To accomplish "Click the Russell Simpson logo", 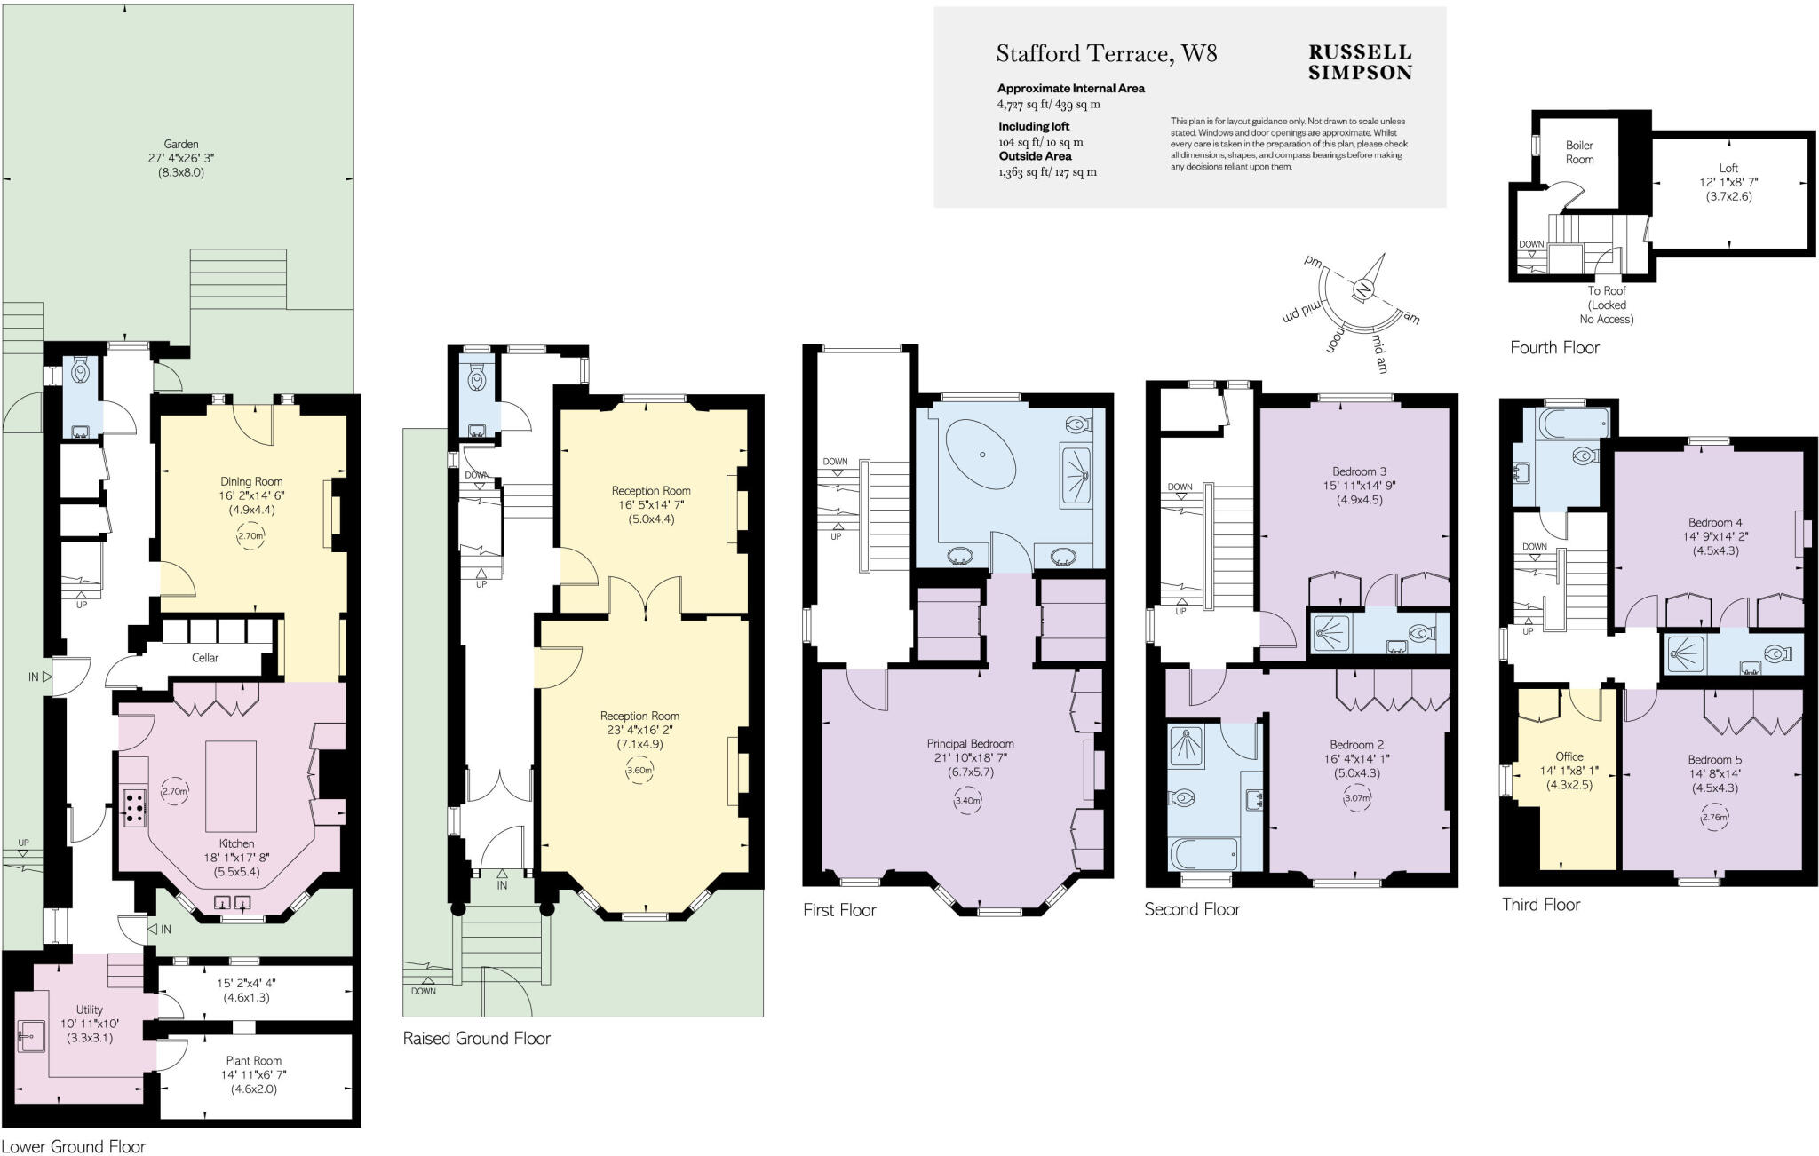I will coord(1359,63).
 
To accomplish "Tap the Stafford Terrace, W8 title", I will coord(1106,54).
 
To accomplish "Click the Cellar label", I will coord(205,658).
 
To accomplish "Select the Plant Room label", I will coord(254,1060).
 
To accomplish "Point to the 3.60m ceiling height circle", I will coord(639,770).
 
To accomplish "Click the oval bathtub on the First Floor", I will coord(982,455).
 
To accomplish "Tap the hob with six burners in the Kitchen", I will coord(136,809).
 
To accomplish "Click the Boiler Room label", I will coord(1579,152).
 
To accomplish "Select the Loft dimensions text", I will coord(1728,189).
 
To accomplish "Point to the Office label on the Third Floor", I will coord(1569,756).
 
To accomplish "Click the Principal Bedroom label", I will coord(970,744).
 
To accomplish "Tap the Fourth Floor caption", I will coord(1554,348).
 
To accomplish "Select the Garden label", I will coord(181,144).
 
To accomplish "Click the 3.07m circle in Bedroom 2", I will coord(1357,797).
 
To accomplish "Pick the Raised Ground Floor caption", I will coord(477,1038).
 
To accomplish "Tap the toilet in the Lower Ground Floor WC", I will coord(80,372).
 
